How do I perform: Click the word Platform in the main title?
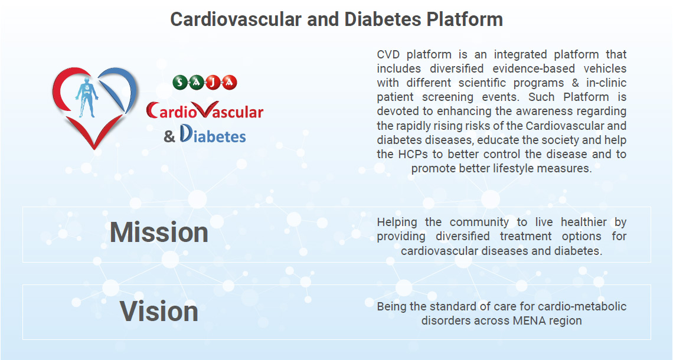click(464, 19)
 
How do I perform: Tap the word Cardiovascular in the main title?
click(236, 19)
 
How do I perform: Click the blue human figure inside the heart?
click(87, 97)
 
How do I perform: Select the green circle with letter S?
click(181, 82)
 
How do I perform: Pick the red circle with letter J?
click(213, 82)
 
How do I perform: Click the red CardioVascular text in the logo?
click(204, 111)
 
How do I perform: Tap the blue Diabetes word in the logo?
click(213, 135)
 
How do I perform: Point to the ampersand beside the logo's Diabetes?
click(169, 137)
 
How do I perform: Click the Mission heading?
click(159, 233)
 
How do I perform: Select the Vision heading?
click(159, 311)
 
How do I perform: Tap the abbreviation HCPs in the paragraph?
click(414, 154)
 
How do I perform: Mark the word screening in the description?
click(447, 97)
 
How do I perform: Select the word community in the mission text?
click(479, 222)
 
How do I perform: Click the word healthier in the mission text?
click(584, 222)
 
